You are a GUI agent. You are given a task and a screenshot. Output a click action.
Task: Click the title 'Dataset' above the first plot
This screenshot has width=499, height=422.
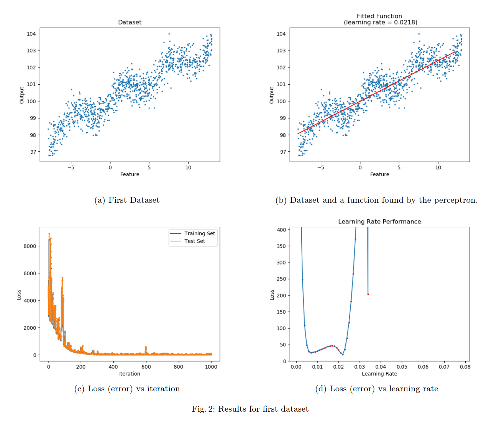pos(130,22)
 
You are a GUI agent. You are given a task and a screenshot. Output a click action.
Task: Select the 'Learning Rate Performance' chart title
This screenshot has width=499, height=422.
pos(379,222)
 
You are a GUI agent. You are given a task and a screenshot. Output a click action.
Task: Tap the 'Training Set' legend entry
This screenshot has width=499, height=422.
pos(199,233)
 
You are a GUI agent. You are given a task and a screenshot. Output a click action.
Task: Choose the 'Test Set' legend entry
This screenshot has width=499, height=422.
pos(195,241)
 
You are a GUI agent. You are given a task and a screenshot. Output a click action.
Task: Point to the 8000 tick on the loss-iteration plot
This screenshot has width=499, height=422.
pos(30,246)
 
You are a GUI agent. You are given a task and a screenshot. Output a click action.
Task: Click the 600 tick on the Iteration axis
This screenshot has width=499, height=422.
pos(146,366)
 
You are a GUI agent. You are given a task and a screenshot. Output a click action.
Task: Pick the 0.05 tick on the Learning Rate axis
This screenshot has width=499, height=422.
pos(402,366)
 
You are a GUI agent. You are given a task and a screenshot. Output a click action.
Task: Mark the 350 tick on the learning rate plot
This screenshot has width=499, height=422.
pos(281,246)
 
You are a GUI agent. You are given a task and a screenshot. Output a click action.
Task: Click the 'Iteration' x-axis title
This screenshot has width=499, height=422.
pos(130,374)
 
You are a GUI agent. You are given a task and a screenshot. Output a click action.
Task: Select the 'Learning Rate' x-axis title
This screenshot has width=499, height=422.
pos(379,374)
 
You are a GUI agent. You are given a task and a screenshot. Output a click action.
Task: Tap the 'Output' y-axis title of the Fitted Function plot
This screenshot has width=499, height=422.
pos(272,95)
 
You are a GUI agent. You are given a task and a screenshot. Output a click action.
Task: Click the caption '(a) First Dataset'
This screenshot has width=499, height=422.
pos(127,200)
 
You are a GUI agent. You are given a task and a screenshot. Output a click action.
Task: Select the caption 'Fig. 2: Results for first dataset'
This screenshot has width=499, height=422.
pos(250,409)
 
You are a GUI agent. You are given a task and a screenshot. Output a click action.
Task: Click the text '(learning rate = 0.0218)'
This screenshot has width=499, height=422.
pos(380,22)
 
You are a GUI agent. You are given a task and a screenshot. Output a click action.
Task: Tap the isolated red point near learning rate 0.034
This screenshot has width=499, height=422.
pos(368,294)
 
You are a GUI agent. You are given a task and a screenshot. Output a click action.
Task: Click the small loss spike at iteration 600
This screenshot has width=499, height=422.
pos(146,347)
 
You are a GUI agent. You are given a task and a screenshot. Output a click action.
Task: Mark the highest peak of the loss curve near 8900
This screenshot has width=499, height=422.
pos(49,233)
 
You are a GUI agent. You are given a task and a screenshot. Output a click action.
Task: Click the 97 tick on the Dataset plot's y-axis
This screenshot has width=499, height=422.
pos(33,152)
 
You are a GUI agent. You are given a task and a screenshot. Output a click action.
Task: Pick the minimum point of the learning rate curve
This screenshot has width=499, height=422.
pos(343,355)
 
